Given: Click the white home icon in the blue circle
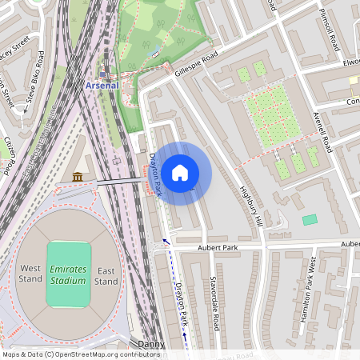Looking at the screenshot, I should (x=180, y=173).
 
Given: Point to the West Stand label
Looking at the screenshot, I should (x=30, y=274).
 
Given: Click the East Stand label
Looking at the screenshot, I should (x=106, y=274).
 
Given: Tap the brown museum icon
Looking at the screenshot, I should (x=78, y=176).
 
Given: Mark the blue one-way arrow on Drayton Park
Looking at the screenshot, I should (x=167, y=241).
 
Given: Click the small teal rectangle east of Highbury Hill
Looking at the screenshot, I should (x=310, y=219).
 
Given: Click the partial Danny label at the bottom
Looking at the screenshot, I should (x=150, y=344).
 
